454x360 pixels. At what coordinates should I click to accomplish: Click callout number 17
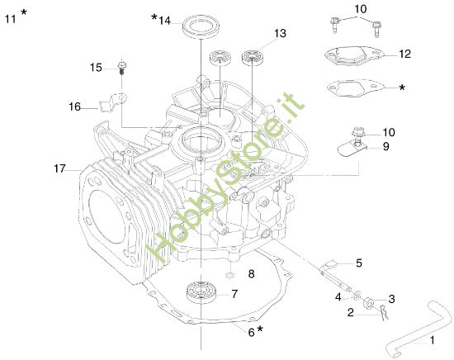pyautogui.click(x=59, y=168)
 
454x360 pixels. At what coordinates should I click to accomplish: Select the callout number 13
pyautogui.click(x=280, y=34)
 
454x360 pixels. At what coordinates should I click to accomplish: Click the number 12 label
pyautogui.click(x=404, y=54)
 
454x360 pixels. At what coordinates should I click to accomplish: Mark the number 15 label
pyautogui.click(x=95, y=67)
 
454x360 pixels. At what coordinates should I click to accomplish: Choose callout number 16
pyautogui.click(x=75, y=107)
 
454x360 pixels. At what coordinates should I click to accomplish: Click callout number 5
pyautogui.click(x=358, y=263)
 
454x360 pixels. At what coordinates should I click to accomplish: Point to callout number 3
pyautogui.click(x=391, y=298)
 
